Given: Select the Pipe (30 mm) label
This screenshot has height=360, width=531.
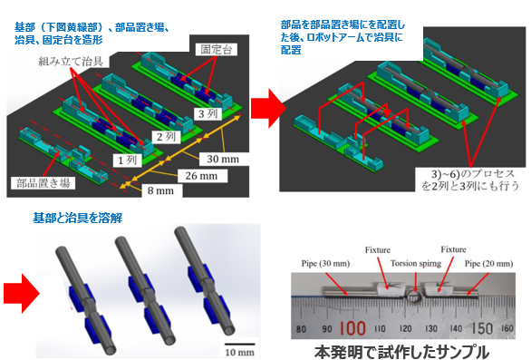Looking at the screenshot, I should [318, 263].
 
